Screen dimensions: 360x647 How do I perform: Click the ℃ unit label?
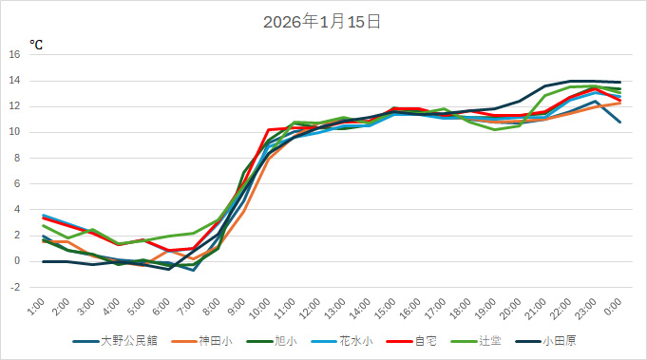coord(36,44)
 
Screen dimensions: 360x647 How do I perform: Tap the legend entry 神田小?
coord(215,340)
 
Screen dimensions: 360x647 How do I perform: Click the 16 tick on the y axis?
coord(15,54)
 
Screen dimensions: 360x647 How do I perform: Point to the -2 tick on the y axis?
coord(15,287)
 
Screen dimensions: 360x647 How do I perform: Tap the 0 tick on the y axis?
coord(17,261)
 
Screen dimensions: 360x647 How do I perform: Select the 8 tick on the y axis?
coord(17,158)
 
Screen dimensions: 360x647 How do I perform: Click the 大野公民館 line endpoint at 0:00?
coord(620,122)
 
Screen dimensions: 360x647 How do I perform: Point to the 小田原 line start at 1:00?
coord(44,261)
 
